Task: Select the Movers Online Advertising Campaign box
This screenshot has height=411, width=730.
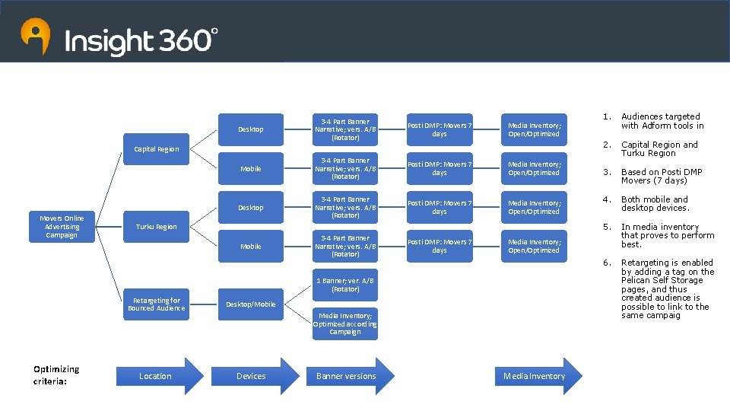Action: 62,227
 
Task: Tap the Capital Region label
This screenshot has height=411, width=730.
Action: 156,149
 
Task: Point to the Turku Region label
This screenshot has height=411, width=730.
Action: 156,227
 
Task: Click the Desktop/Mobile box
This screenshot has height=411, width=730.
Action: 251,304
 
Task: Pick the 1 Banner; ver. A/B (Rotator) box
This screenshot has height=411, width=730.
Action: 345,285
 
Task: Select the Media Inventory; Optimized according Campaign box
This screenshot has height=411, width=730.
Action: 345,323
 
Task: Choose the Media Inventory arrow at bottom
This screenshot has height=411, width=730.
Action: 537,376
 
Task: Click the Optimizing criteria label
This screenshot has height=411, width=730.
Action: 56,375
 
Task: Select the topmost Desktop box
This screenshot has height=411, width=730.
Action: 251,129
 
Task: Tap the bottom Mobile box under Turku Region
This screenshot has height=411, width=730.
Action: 251,247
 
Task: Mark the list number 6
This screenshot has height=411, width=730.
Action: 606,263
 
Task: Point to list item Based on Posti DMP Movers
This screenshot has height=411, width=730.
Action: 662,177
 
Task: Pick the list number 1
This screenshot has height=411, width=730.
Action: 606,117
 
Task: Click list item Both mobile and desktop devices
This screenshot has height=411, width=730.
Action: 655,204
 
